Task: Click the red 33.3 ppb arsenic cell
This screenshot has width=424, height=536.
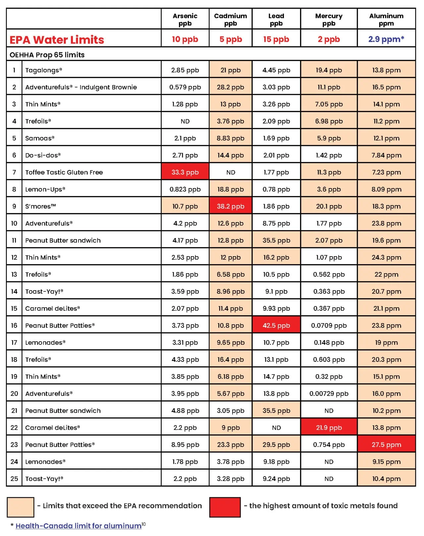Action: [185, 172]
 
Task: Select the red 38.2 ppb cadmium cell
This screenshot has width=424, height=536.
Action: [231, 206]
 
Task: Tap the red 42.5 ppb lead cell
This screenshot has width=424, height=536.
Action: [276, 325]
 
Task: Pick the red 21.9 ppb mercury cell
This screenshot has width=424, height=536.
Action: [329, 427]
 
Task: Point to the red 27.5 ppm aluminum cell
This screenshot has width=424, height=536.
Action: [386, 444]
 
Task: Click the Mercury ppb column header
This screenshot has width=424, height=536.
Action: [329, 20]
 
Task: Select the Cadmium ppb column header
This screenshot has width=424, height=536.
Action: [231, 20]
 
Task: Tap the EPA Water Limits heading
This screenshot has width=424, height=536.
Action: [57, 40]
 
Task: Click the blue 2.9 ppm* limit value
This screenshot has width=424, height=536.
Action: [386, 39]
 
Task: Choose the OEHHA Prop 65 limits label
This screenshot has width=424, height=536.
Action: [47, 55]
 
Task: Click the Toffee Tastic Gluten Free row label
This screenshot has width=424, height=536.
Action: [64, 172]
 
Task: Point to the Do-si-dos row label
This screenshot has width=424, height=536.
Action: [43, 155]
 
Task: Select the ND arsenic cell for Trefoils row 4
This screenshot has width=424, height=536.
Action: [185, 121]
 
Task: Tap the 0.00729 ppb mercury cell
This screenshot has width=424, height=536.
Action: [329, 393]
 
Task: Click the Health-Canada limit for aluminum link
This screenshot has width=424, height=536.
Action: [79, 526]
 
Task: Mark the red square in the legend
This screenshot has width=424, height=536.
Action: [225, 507]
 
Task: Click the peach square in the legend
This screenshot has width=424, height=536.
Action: [21, 507]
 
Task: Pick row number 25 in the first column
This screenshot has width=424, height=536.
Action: [14, 478]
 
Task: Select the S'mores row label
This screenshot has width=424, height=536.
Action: [40, 206]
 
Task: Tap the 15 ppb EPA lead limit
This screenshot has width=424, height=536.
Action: [276, 39]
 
